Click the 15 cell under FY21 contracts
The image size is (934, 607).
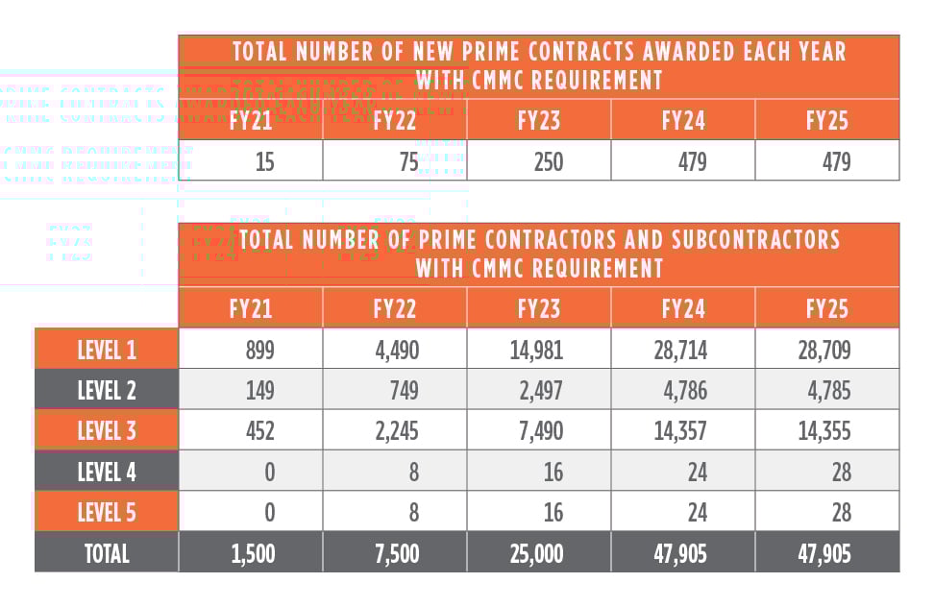coord(264,161)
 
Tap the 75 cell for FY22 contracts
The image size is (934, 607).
coord(406,161)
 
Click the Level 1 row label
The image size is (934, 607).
coord(106,350)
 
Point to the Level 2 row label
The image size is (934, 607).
coord(106,390)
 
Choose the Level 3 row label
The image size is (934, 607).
coord(106,431)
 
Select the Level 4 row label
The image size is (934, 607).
coord(106,472)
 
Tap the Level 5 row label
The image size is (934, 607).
coord(106,512)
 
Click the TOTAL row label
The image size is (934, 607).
coord(106,553)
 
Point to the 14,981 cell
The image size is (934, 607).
coord(536,350)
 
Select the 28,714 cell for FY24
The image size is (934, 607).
coord(680,350)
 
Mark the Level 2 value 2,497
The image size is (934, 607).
coord(541,390)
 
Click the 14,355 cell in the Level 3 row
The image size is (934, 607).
coord(824,431)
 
